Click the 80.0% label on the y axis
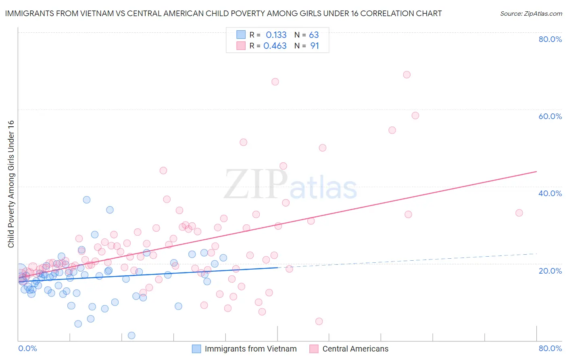point(550,39)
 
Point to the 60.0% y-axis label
point(550,116)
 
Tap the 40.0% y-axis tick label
point(550,193)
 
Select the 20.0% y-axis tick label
point(550,270)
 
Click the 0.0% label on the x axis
point(27,348)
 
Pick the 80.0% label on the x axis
point(550,348)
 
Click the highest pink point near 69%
point(406,75)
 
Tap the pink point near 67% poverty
point(275,82)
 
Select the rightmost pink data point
point(519,213)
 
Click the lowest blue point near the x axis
point(131,335)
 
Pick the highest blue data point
point(87,200)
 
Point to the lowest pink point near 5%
point(319,321)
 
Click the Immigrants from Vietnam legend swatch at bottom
point(196,349)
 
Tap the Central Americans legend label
point(355,349)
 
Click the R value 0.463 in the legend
point(275,46)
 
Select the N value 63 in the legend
point(314,35)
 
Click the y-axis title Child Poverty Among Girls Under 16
point(11,184)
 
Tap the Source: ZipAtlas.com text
point(531,14)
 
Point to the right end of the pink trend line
point(536,172)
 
